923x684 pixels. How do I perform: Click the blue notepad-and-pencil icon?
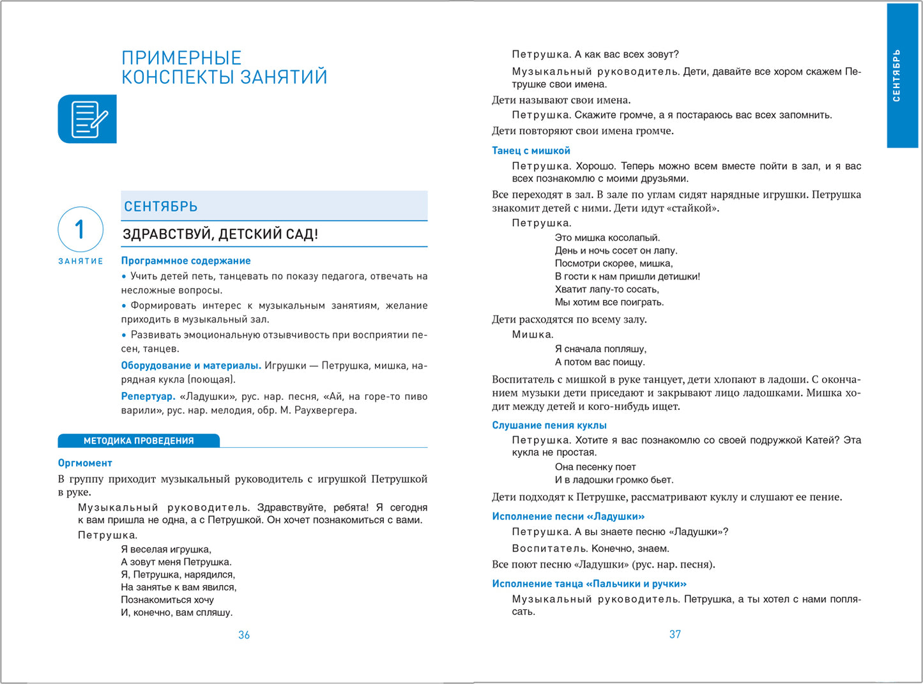tap(88, 119)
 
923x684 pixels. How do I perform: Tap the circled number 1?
tap(80, 229)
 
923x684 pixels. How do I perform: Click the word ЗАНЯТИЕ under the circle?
tap(80, 261)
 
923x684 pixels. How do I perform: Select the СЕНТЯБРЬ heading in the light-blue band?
tap(161, 207)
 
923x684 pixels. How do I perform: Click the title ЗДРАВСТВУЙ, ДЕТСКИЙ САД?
tap(220, 234)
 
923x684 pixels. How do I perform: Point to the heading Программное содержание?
tap(186, 261)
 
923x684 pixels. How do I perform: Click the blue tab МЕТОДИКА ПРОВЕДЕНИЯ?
tap(139, 441)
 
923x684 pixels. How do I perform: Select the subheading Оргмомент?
tap(85, 463)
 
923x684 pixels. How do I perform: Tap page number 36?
tap(244, 635)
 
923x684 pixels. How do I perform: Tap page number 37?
tap(675, 634)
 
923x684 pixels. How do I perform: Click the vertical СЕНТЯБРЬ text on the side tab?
tap(897, 75)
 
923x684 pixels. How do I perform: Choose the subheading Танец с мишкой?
tap(531, 151)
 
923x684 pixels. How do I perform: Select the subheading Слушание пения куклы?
tap(549, 425)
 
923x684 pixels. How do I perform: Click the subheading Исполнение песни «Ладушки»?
tap(568, 516)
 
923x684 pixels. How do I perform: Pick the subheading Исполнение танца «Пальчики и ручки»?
tap(589, 584)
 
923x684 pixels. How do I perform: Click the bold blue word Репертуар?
tap(148, 396)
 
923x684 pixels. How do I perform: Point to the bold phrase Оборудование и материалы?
tap(191, 365)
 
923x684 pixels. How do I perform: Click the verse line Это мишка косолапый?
tap(607, 238)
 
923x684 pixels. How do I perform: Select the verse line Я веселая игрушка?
tap(166, 549)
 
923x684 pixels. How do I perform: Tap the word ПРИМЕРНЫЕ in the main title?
tap(181, 58)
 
